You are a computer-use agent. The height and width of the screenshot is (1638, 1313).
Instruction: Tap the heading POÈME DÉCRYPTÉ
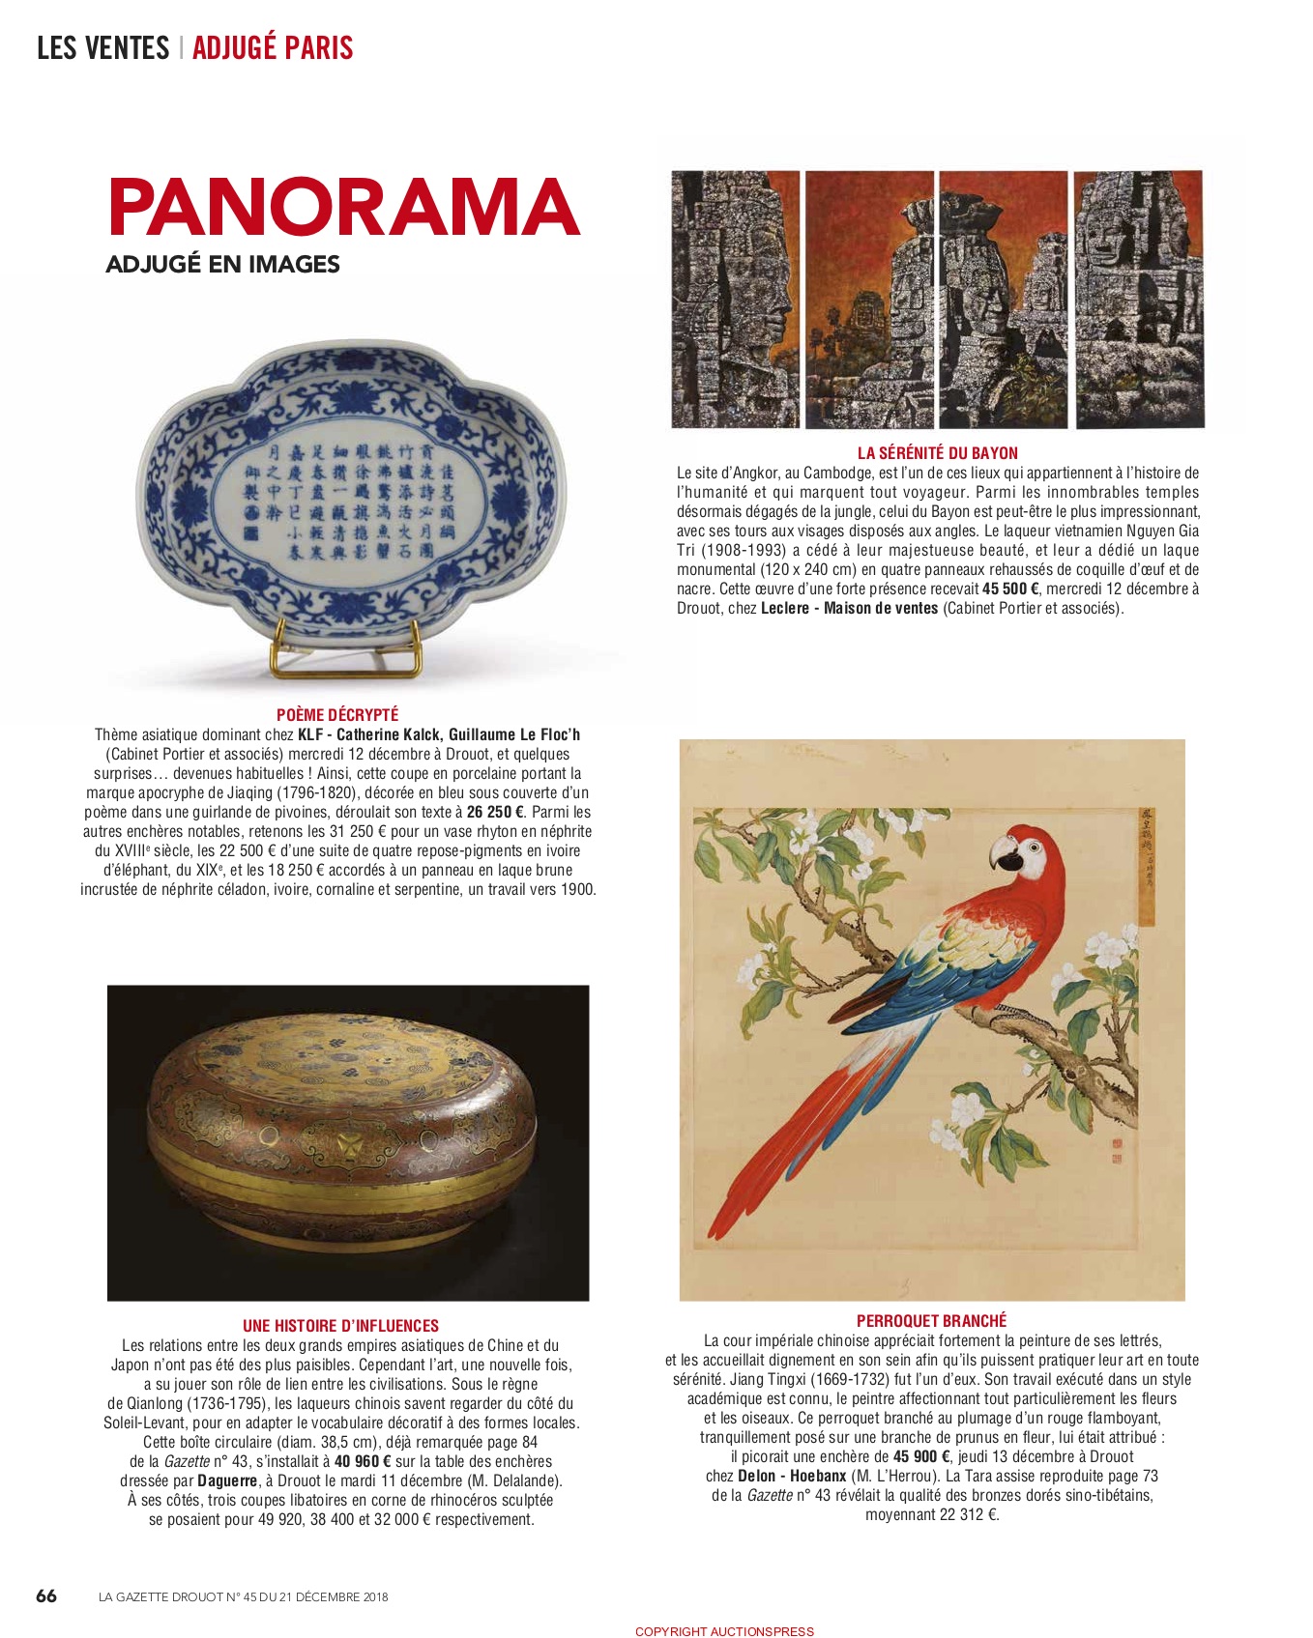click(337, 715)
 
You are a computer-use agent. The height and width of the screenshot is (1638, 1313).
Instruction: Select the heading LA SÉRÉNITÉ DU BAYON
click(938, 452)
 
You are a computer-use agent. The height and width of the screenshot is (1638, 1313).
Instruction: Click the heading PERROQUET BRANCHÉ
click(931, 1320)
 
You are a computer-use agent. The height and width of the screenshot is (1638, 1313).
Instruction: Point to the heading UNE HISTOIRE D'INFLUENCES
click(340, 1326)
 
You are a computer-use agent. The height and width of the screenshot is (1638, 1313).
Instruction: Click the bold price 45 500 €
click(1010, 589)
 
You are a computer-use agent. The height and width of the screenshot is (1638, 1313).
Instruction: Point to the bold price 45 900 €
click(921, 1456)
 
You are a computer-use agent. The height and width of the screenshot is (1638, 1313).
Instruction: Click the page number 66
click(46, 1595)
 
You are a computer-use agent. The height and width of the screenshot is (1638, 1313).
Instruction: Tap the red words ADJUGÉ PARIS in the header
click(273, 47)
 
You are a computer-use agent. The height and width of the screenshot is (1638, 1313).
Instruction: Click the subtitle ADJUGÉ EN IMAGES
click(223, 264)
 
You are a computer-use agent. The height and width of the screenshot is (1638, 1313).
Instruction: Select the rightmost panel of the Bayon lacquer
click(1139, 299)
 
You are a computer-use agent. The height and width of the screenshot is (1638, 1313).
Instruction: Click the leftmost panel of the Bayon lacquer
click(736, 299)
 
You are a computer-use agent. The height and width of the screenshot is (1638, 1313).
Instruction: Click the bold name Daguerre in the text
click(227, 1480)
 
